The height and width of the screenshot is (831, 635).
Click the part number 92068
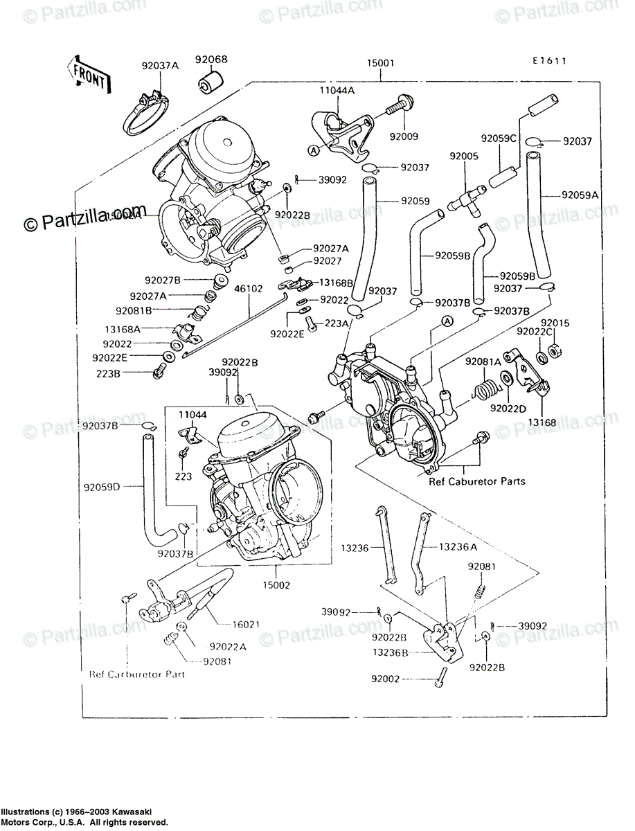[x=211, y=60]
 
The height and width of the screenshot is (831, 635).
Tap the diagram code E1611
[x=550, y=61]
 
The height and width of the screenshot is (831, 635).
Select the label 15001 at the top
[x=381, y=63]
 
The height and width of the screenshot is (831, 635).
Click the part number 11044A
[x=338, y=90]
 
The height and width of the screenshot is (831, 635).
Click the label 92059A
[x=580, y=195]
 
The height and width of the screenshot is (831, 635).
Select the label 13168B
[x=336, y=283]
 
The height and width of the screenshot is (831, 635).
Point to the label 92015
[x=555, y=323]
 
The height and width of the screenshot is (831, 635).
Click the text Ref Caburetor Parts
[x=476, y=481]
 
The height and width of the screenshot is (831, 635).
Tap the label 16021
[x=245, y=624]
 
